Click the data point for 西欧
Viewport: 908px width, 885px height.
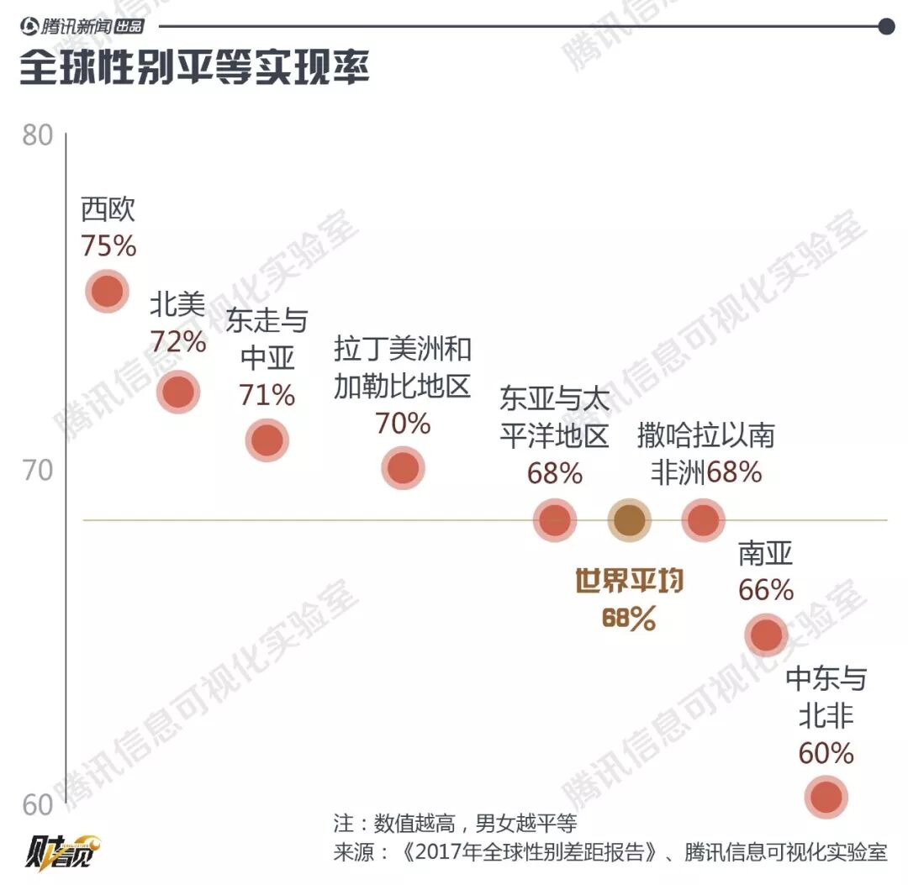[108, 292]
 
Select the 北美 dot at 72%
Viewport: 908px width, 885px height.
[178, 391]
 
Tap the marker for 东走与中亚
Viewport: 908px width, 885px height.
[267, 440]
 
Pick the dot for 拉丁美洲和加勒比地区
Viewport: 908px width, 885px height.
[404, 468]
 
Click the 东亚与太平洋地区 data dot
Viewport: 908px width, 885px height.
[555, 521]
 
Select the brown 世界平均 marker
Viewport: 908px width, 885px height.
[630, 521]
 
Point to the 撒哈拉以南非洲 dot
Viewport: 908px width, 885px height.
[703, 521]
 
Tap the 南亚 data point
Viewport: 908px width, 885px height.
[767, 635]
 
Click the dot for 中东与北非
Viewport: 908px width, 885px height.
[826, 797]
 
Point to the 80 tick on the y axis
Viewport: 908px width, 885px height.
[37, 136]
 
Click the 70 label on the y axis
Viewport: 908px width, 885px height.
[37, 471]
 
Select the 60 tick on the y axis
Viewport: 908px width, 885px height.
[37, 805]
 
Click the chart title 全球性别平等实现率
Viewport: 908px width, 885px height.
[194, 68]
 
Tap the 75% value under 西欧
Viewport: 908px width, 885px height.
[108, 245]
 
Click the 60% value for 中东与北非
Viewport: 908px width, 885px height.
[826, 752]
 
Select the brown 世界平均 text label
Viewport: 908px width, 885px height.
[629, 581]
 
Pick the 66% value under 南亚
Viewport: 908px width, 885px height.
[766, 590]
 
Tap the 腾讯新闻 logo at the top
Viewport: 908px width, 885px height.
[82, 26]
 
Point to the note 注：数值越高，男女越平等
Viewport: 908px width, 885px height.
[455, 822]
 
